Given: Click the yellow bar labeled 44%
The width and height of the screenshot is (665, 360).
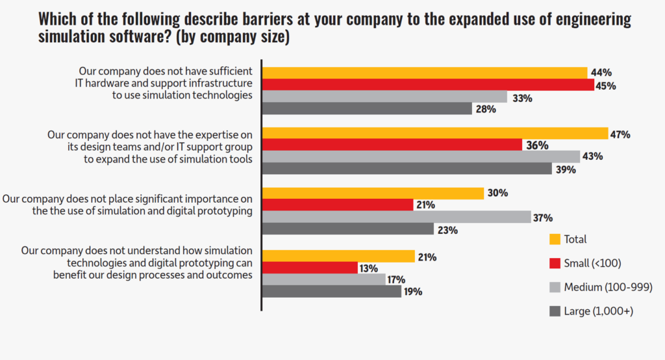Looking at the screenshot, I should [425, 73].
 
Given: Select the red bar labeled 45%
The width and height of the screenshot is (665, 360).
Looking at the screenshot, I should [428, 85].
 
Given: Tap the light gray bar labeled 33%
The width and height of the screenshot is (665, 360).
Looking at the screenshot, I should [384, 97].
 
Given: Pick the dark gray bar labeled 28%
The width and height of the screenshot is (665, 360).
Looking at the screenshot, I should [367, 109].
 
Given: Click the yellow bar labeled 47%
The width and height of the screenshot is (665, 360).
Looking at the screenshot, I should [434, 133].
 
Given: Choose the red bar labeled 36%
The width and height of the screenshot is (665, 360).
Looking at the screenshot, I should [392, 145].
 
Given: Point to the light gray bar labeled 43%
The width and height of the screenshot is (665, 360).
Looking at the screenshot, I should [421, 157].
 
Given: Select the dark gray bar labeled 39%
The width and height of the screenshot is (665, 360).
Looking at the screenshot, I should [407, 168].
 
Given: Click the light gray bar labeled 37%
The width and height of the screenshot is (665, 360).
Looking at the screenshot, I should [396, 217].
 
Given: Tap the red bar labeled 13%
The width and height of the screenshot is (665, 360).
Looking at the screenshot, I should [310, 268].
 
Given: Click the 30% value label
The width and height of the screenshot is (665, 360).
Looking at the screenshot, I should [497, 193].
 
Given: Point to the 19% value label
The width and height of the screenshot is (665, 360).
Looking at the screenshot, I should [414, 292].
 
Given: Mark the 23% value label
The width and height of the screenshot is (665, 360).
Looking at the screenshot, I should [448, 229].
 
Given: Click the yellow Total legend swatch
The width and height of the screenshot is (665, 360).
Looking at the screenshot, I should [555, 238].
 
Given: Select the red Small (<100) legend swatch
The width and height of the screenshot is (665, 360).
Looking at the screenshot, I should [555, 263].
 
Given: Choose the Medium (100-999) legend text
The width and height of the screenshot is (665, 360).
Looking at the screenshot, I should [608, 287].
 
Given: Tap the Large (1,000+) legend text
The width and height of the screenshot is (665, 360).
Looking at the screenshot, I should [598, 311].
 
